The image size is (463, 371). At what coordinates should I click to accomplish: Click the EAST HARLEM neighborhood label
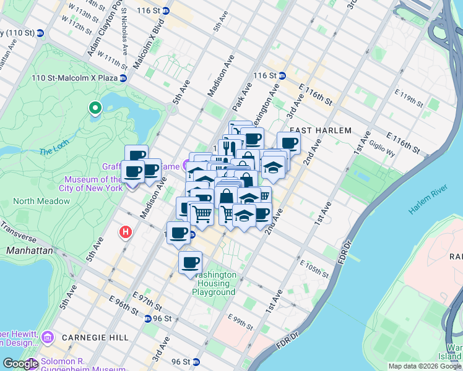(320, 130)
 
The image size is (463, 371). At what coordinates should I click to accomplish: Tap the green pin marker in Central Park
(95, 109)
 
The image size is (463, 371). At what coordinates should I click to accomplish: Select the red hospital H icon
(125, 232)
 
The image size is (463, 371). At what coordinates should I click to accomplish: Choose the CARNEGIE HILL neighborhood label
(95, 338)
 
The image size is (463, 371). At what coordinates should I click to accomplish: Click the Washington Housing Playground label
(214, 283)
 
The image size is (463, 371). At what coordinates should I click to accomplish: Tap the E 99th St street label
(241, 319)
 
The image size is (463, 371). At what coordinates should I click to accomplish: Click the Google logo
(20, 364)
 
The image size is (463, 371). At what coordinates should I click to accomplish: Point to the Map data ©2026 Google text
(424, 366)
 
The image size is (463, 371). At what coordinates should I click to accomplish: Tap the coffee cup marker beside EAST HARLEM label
(288, 143)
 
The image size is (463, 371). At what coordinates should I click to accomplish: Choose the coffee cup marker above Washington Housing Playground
(190, 262)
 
